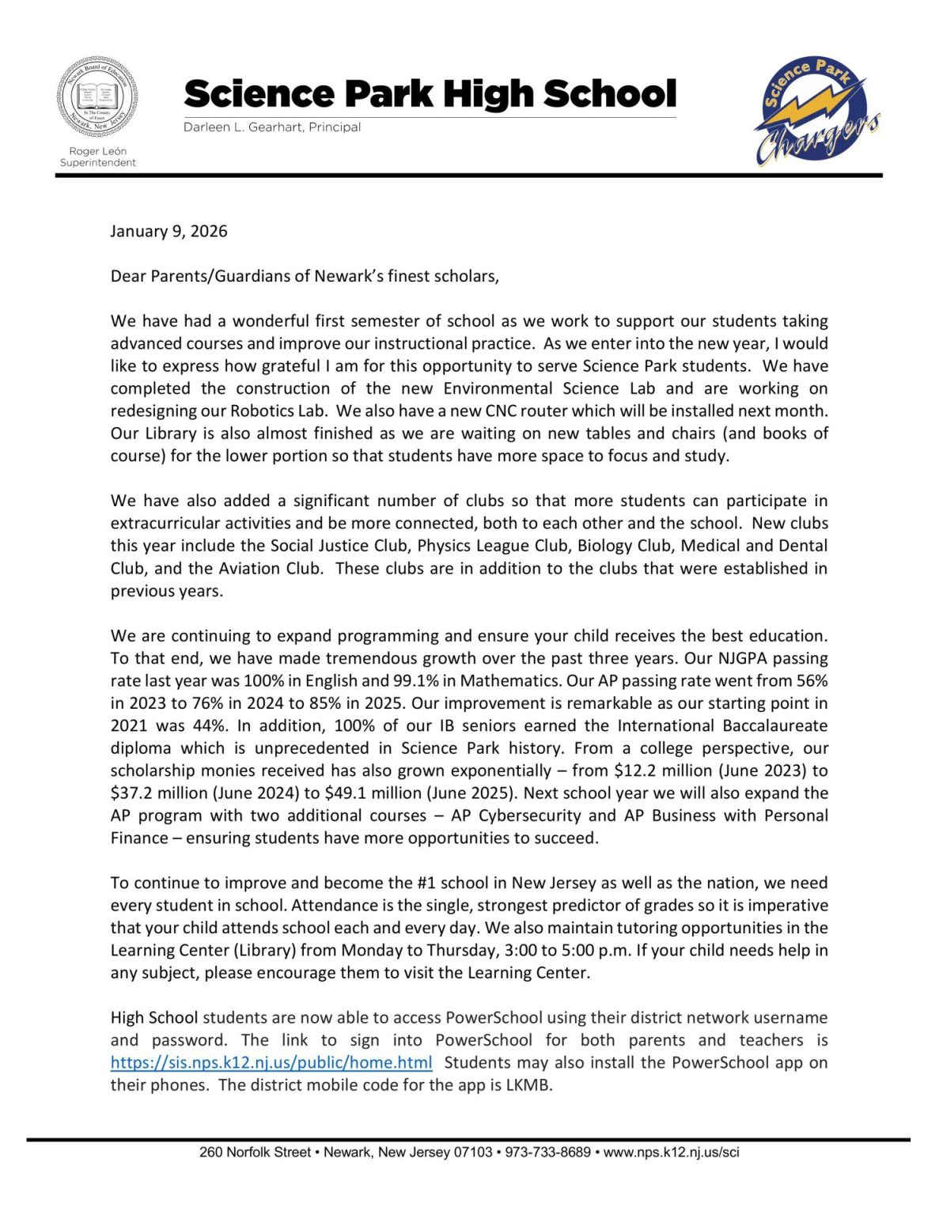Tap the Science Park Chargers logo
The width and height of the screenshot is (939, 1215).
pyautogui.click(x=815, y=112)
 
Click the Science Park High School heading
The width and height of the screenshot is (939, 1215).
pyautogui.click(x=430, y=93)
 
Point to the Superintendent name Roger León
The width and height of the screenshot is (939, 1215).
pyautogui.click(x=97, y=151)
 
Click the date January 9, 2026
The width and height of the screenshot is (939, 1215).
pyautogui.click(x=168, y=231)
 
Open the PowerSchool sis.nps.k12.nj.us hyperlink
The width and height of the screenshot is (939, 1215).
pyautogui.click(x=271, y=1062)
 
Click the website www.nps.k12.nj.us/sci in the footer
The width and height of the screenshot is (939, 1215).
pyautogui.click(x=671, y=1153)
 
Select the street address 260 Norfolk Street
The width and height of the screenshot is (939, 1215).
pyautogui.click(x=255, y=1153)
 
